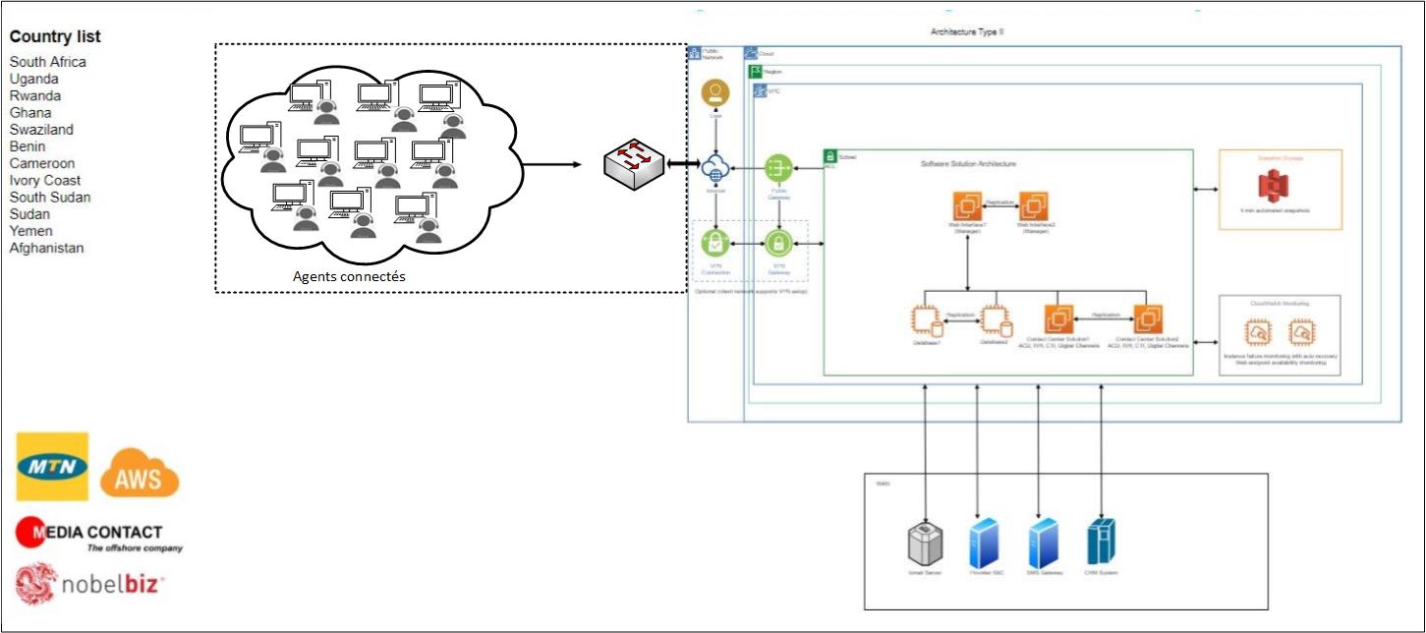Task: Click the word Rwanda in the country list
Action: click(x=35, y=96)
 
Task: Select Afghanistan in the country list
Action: click(x=47, y=249)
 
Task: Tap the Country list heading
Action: click(x=55, y=37)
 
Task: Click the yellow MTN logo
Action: click(x=52, y=466)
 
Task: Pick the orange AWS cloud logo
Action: click(x=140, y=474)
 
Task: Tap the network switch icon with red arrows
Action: click(x=634, y=164)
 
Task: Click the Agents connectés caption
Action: click(x=349, y=277)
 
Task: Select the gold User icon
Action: click(x=714, y=94)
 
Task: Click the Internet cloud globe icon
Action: click(x=714, y=167)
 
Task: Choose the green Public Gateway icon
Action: click(x=778, y=167)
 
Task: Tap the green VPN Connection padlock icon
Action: click(x=714, y=242)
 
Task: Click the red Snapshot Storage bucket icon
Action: click(x=1275, y=189)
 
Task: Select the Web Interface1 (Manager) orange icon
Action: click(x=968, y=206)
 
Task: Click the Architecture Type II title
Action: click(x=967, y=32)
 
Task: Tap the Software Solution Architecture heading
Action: click(x=968, y=164)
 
